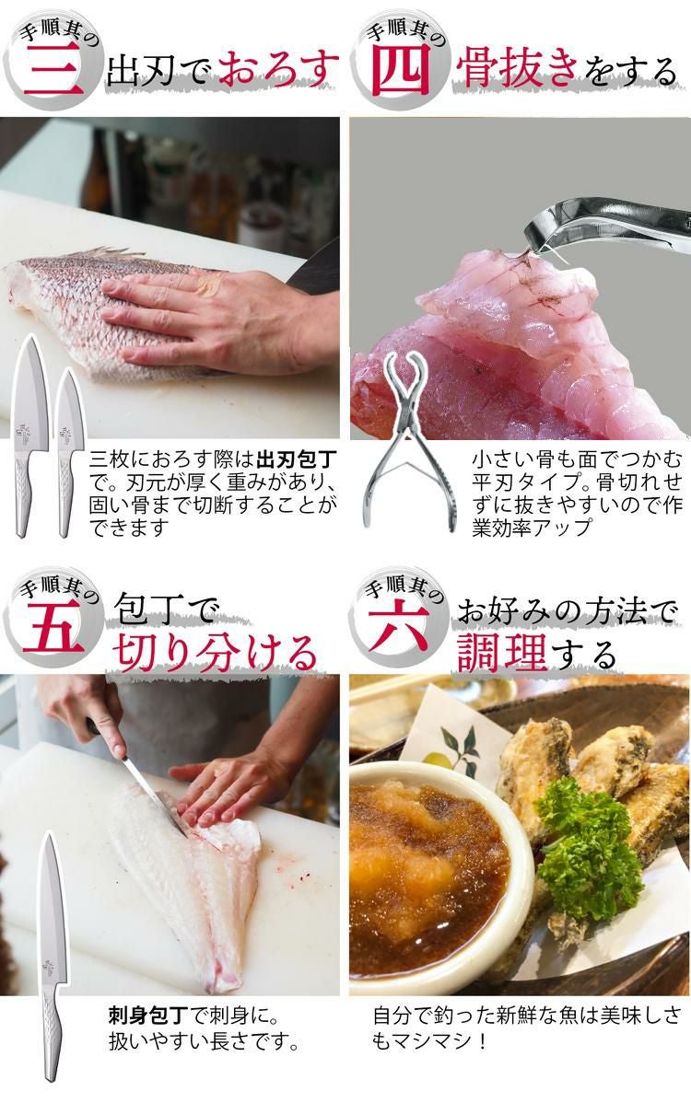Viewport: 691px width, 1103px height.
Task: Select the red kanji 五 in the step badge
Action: tap(53, 628)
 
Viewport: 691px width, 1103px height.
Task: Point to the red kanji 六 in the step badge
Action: tap(399, 625)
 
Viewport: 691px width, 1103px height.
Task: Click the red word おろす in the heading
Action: tap(277, 68)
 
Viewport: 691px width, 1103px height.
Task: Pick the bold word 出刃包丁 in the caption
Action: tap(297, 461)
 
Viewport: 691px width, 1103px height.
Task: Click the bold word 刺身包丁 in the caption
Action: tap(148, 1016)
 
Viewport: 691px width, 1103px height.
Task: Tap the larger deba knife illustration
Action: tap(30, 436)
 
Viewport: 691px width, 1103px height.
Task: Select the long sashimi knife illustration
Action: tap(51, 957)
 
